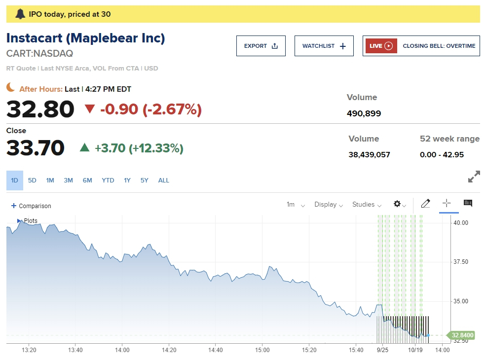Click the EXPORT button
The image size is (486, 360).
coord(261,46)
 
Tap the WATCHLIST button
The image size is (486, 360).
coord(324,46)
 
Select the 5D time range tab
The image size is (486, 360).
coord(32,180)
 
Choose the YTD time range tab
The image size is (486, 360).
coord(108,180)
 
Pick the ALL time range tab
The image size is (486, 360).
coord(163,180)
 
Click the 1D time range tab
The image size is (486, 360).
coord(14,180)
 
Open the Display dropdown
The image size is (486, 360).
coord(328,205)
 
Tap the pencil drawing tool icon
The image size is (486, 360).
coord(425,204)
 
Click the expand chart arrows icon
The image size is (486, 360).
coord(474,177)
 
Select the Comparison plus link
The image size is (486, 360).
coord(31,206)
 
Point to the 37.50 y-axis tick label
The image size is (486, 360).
coord(461,262)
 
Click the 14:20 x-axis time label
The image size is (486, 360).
coord(169,350)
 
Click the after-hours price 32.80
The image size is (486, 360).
coord(40,109)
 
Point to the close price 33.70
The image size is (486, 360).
coord(36,148)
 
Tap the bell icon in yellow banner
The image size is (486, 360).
coord(20,14)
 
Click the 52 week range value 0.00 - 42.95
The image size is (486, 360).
coord(442,155)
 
